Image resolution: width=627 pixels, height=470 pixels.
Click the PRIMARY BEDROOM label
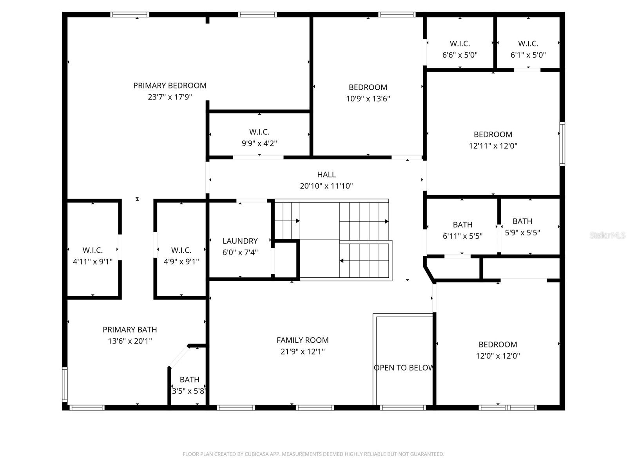click(x=170, y=85)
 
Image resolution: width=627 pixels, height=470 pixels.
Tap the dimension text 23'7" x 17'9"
click(x=170, y=97)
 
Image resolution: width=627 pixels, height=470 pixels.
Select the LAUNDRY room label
click(x=240, y=241)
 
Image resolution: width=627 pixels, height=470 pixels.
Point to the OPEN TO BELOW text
click(x=403, y=368)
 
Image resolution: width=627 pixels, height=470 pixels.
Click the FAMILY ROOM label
click(x=302, y=340)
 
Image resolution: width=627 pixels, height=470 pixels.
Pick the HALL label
click(x=326, y=175)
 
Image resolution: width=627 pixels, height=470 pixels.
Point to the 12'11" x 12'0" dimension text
click(x=493, y=146)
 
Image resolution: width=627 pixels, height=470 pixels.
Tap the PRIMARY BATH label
click(x=130, y=330)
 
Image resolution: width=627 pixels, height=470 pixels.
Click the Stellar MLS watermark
click(x=607, y=235)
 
